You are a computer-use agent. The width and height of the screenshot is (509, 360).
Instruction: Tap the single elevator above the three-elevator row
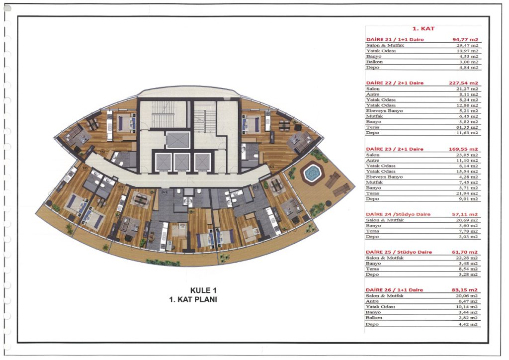click(177, 140)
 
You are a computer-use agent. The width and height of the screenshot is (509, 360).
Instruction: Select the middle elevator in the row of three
click(182, 162)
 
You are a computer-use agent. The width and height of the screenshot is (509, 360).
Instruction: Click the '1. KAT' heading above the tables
click(424, 28)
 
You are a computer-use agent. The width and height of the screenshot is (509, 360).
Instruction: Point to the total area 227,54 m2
click(464, 83)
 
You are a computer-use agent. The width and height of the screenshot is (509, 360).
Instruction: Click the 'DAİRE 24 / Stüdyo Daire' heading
click(398, 214)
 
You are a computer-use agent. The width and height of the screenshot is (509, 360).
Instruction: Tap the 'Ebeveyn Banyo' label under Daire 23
click(384, 177)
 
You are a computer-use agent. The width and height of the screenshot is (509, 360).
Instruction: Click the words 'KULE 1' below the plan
click(203, 290)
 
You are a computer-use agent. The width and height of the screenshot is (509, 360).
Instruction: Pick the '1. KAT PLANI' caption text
click(193, 299)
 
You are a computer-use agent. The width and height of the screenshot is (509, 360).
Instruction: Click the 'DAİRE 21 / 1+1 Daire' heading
click(395, 40)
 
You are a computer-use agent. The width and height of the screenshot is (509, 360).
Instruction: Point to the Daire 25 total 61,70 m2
click(465, 252)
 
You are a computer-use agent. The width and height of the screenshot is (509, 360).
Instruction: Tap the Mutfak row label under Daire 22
click(375, 116)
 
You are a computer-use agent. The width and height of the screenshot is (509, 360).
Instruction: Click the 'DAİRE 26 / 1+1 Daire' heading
click(394, 290)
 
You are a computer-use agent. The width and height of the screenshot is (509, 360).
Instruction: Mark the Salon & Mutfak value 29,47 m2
click(467, 45)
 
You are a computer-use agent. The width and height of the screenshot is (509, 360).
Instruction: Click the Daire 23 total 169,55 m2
click(464, 149)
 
